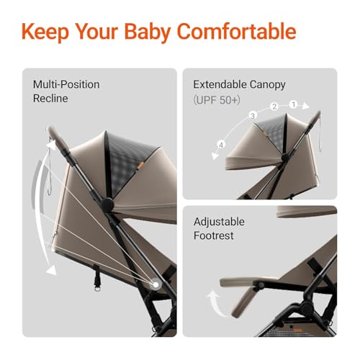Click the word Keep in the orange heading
(x=48, y=32)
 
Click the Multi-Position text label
(x=66, y=84)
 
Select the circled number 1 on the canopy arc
(x=293, y=104)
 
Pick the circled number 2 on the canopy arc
(x=274, y=107)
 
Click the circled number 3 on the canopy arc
(x=253, y=115)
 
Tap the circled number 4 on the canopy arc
(x=222, y=145)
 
